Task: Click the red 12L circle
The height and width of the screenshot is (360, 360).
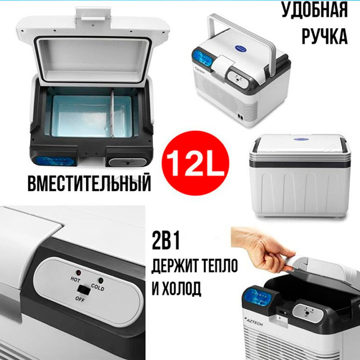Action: [195, 163]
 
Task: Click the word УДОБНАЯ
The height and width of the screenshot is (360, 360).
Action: [315, 10]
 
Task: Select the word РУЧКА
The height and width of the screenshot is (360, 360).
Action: [324, 36]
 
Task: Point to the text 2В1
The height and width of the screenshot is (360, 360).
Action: [166, 241]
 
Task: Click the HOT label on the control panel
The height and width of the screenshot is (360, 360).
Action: [75, 279]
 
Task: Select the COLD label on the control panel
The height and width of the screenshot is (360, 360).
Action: [98, 287]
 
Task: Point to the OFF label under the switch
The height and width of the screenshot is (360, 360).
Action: [80, 299]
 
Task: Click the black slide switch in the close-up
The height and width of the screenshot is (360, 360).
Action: [84, 290]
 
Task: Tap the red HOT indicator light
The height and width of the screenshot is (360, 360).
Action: [78, 273]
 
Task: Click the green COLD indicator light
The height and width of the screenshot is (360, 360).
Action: [100, 280]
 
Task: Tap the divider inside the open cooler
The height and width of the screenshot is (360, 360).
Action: [112, 114]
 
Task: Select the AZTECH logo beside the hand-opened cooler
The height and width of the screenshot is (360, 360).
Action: [254, 322]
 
